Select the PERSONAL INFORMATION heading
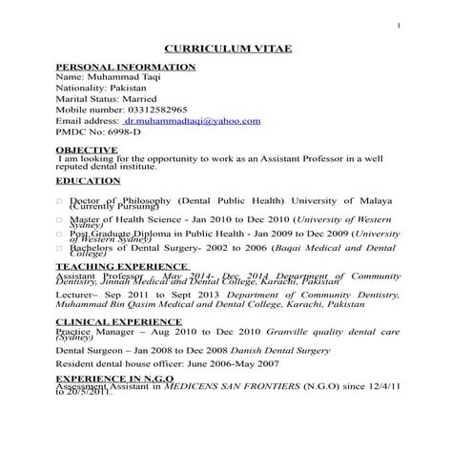click(126, 67)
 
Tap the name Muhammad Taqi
click(123, 76)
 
